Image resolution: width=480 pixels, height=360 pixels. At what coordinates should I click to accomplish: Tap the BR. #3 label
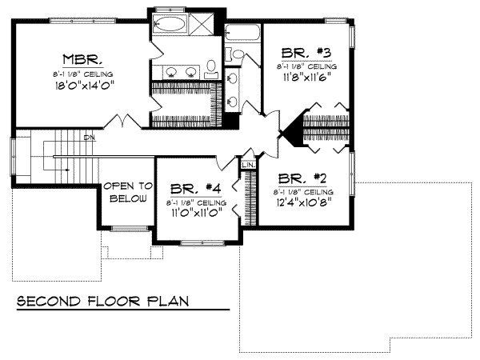click(x=307, y=51)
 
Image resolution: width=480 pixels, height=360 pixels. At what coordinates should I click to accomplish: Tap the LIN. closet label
click(x=247, y=166)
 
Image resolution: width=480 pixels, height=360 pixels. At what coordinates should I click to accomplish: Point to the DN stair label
click(x=89, y=138)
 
